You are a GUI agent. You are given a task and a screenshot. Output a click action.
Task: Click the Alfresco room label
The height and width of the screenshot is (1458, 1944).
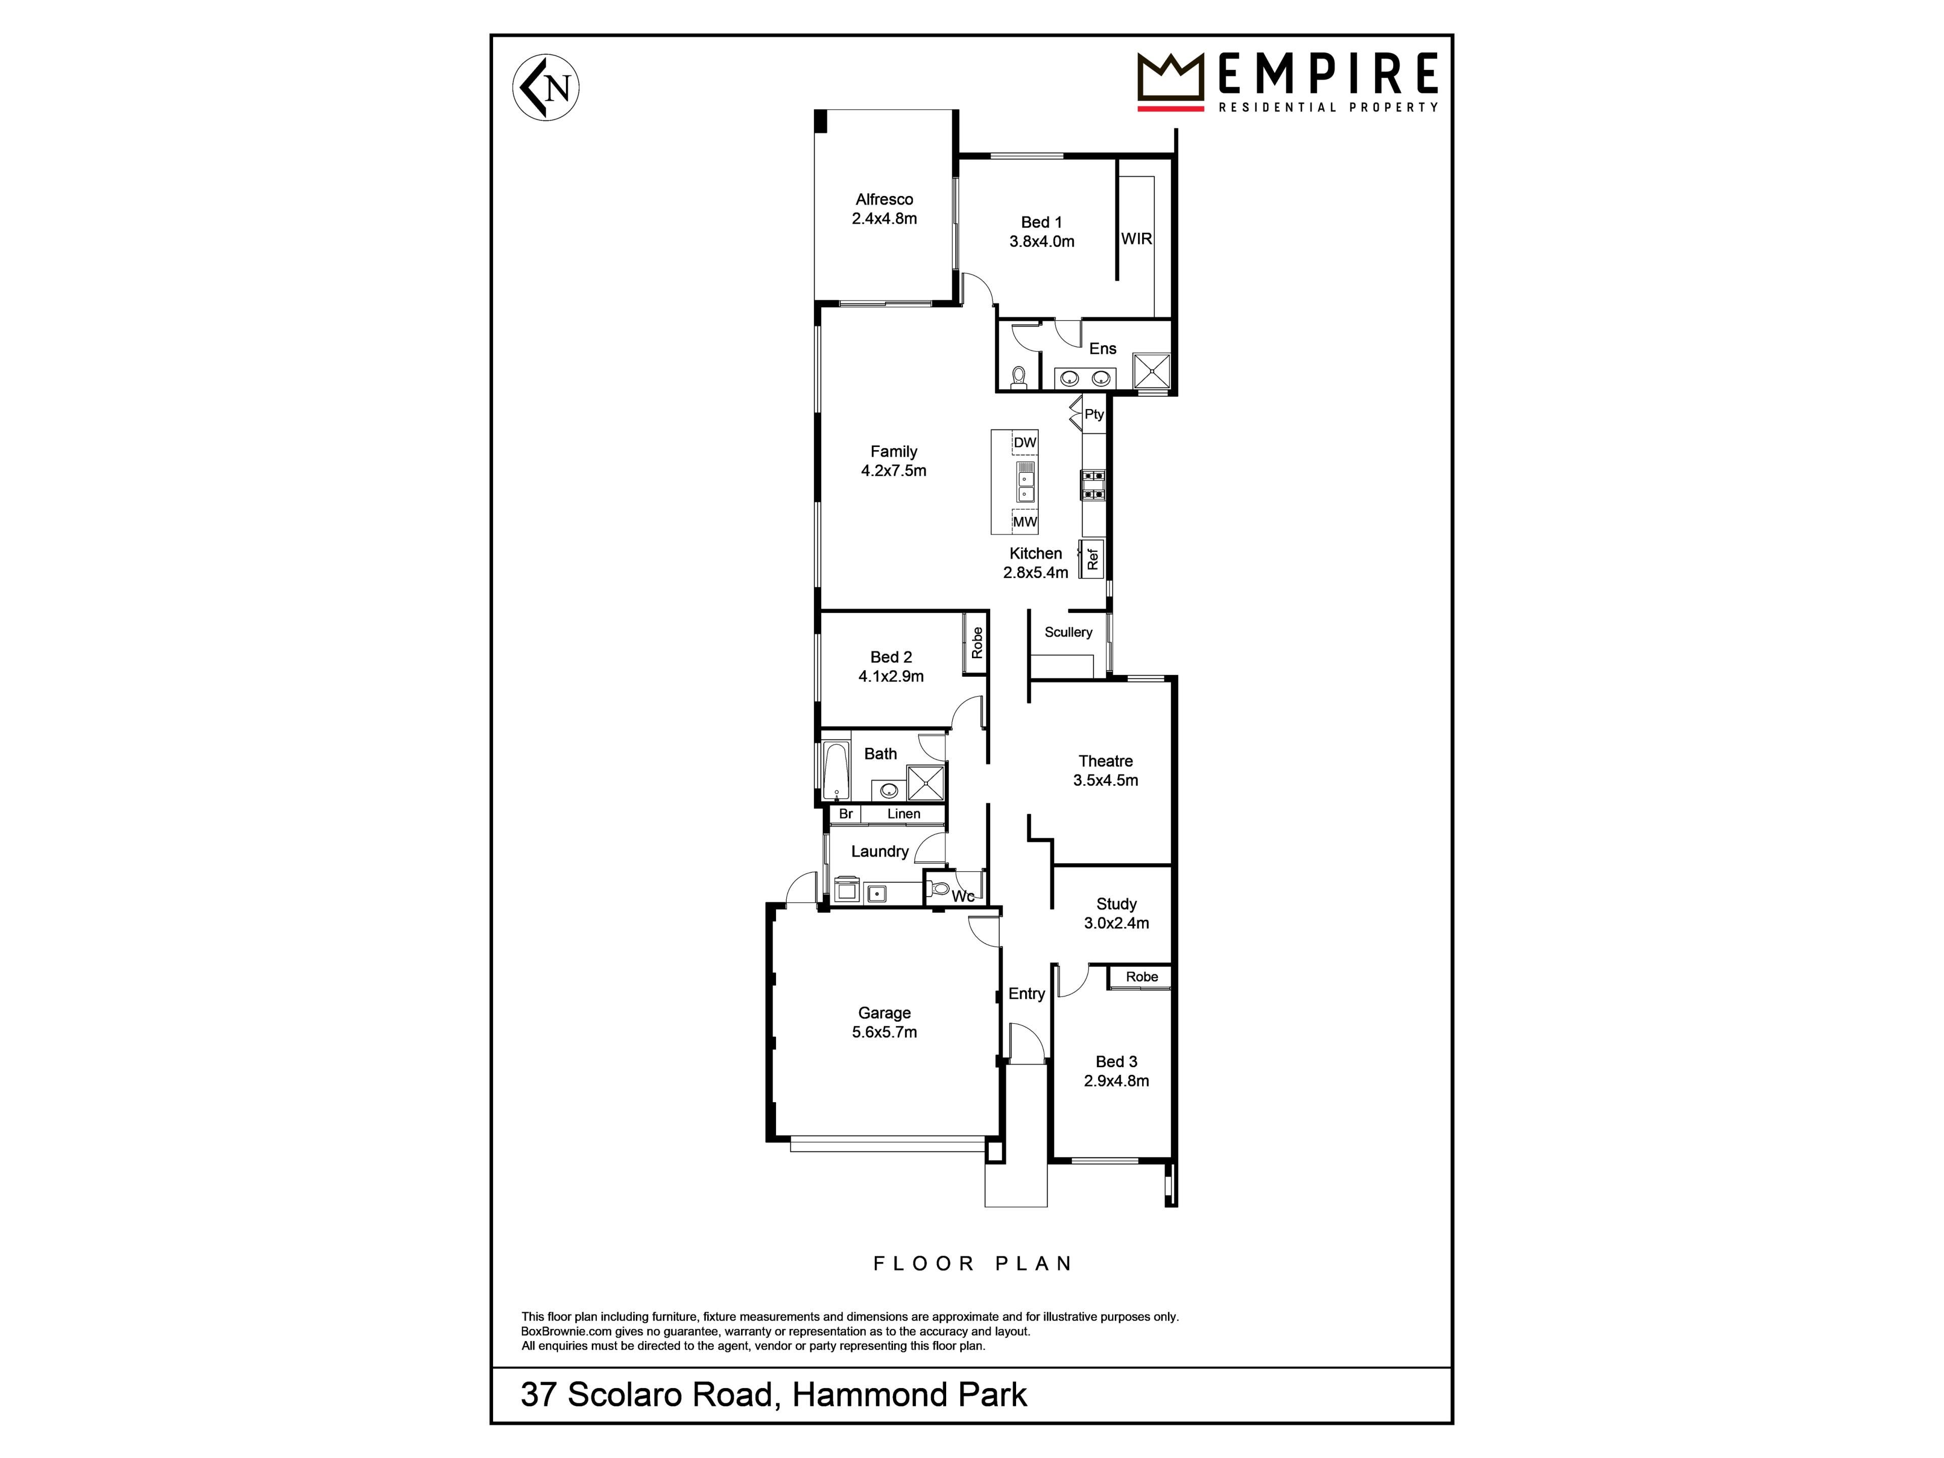pos(884,199)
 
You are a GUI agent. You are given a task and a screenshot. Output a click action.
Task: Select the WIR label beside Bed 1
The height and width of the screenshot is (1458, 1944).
pos(1137,238)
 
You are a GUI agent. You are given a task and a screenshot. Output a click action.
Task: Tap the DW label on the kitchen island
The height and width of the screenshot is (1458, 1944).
pos(1025,442)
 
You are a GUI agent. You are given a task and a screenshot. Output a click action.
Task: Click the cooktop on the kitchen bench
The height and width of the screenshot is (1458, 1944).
pos(1092,485)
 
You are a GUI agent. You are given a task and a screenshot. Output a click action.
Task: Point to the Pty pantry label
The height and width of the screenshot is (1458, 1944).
pos(1093,414)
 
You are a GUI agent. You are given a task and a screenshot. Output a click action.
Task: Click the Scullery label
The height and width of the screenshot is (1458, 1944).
pos(1068,632)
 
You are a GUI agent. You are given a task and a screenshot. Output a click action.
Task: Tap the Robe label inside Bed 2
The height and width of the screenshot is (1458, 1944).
pos(977,642)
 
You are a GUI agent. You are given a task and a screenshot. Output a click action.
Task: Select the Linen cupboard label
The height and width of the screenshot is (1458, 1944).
pos(904,814)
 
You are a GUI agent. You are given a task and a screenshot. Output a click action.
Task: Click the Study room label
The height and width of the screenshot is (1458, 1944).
pos(1116,904)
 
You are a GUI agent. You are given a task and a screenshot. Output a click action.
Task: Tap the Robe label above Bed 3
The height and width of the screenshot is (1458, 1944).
pos(1142,977)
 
